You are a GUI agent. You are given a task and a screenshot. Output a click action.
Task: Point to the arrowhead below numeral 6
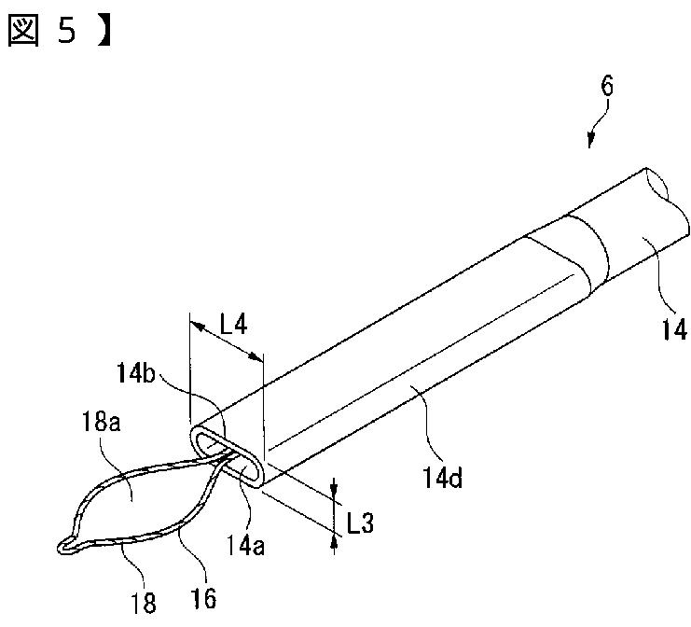click(x=591, y=143)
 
